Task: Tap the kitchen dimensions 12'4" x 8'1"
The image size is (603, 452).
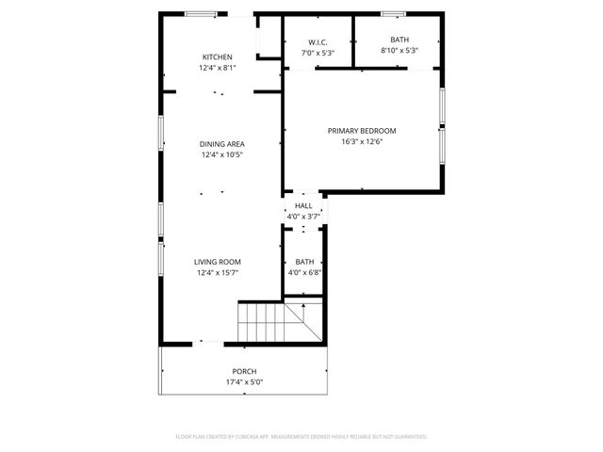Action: coord(218,68)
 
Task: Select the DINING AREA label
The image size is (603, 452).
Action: coord(221,144)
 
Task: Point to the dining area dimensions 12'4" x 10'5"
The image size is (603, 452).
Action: coord(221,155)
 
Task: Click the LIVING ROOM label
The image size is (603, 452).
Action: coord(218,262)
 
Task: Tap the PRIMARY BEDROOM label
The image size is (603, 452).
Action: coord(362,131)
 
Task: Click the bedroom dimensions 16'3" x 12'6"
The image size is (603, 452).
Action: coord(362,142)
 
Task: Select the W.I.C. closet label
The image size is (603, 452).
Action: coord(317,41)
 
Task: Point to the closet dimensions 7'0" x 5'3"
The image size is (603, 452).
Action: coord(317,53)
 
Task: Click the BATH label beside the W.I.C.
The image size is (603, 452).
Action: coord(399,40)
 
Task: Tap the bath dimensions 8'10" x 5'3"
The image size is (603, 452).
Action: coord(399,51)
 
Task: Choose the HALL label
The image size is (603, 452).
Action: coord(303,205)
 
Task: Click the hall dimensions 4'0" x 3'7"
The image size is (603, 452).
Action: coord(303,217)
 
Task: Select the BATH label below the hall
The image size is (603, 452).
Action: coord(304,262)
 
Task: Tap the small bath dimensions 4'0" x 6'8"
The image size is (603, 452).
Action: coord(304,273)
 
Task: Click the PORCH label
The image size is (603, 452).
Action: coord(244,371)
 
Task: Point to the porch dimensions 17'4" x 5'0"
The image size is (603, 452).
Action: coord(244,382)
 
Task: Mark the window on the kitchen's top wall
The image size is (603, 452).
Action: coord(200,13)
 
